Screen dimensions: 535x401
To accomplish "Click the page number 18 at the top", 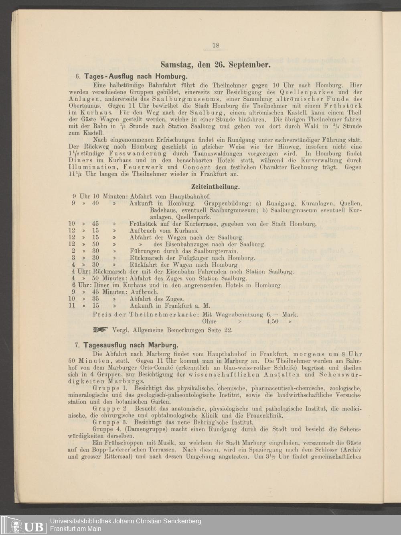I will tap(216, 45).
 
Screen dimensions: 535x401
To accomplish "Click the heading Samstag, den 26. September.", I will tap(216, 64).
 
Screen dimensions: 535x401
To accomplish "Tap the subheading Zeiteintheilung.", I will tap(216, 187).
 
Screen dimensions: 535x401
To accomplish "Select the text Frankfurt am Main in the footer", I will tap(75, 529).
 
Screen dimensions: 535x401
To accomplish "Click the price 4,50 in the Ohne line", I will tap(272, 321).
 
